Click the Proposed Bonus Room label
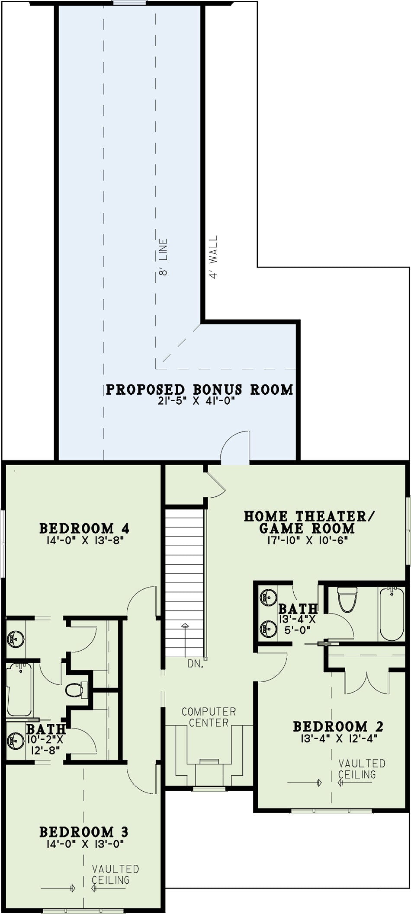[x=199, y=390]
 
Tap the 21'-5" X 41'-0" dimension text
[x=196, y=401]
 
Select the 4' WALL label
[x=213, y=257]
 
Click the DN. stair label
[x=196, y=664]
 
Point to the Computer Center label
[x=209, y=717]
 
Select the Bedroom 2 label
[x=338, y=726]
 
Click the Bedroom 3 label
[x=83, y=832]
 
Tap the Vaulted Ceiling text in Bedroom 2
[x=362, y=769]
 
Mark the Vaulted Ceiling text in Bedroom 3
[x=115, y=874]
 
